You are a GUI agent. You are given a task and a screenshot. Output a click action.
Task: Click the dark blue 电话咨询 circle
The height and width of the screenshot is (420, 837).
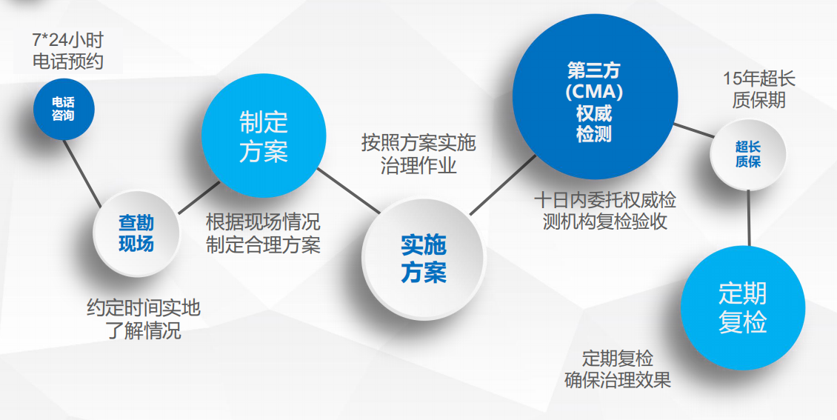coord(64,109)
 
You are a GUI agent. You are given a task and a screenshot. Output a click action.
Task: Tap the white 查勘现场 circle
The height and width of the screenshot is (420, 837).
coord(136,233)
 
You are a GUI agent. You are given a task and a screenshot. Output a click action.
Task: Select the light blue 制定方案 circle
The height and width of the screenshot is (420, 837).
coord(264,136)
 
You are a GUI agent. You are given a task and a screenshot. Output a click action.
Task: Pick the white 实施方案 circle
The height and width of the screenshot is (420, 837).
coord(424,259)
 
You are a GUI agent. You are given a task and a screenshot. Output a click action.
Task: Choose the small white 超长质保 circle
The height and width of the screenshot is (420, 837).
coord(748,153)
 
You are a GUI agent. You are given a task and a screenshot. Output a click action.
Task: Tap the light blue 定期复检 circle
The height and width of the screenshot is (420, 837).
coord(742,308)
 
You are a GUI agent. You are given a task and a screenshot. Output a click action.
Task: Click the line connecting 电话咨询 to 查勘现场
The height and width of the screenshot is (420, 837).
coord(82,173)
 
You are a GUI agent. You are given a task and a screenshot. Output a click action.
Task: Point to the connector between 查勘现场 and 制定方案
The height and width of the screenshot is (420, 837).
coord(199,198)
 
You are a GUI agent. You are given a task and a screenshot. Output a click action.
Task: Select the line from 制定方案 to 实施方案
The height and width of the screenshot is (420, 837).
coord(349,190)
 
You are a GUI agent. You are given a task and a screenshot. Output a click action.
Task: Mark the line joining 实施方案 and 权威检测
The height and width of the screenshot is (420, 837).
coord(503,185)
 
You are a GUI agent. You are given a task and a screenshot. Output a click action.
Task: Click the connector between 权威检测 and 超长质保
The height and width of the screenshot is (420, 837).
coord(693,130)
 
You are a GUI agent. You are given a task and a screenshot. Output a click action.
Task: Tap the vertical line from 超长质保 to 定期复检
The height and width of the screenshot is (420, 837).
coord(749,218)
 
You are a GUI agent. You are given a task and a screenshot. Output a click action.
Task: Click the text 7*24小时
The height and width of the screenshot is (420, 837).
coord(68,40)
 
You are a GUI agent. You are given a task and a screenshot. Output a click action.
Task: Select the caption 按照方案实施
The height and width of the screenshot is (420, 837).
coord(418,143)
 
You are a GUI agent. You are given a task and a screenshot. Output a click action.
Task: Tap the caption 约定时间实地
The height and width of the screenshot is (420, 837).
coord(144,308)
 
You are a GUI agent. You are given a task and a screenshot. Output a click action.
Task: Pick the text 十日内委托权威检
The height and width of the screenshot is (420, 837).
coord(605,200)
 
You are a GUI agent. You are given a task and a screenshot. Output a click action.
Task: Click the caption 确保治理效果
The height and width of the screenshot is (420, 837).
coord(618,380)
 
